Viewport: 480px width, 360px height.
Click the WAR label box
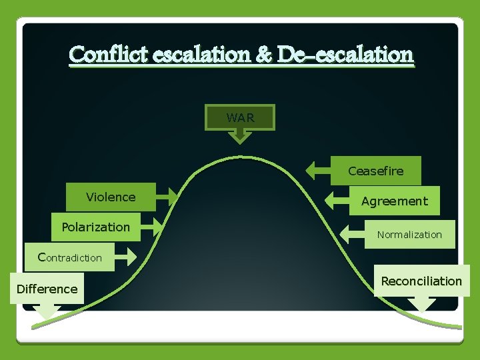coord(240,117)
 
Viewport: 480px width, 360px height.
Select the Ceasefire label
coord(375,171)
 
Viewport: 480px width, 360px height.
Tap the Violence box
coord(111,197)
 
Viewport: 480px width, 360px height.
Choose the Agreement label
coord(394,201)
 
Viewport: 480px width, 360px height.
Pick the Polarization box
coord(96,227)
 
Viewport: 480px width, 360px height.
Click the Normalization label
coord(409,235)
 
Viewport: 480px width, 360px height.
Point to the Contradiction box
coord(71,257)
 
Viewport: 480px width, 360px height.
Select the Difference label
coord(47,289)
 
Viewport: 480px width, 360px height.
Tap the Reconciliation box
coord(421,281)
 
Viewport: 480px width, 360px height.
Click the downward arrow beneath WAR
coord(240,137)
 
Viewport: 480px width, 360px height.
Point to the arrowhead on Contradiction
coord(125,257)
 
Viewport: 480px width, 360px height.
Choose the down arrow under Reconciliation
coord(422,305)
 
